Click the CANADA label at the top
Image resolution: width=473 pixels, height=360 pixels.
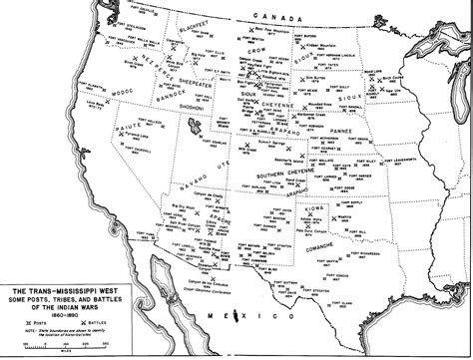tap(279, 18)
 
